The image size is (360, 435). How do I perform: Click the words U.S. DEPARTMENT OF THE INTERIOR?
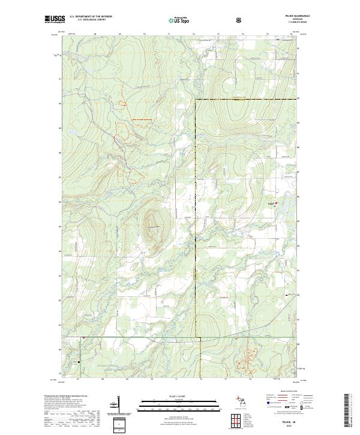click(x=91, y=17)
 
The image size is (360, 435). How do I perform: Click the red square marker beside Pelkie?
click(x=276, y=203)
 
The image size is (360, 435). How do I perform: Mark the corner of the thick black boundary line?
click(x=196, y=98)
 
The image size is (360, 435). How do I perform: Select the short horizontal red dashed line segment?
click(x=142, y=121)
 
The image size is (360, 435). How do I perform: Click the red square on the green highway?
click(x=84, y=337)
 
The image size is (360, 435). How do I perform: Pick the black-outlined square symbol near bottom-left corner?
click(x=77, y=362)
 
